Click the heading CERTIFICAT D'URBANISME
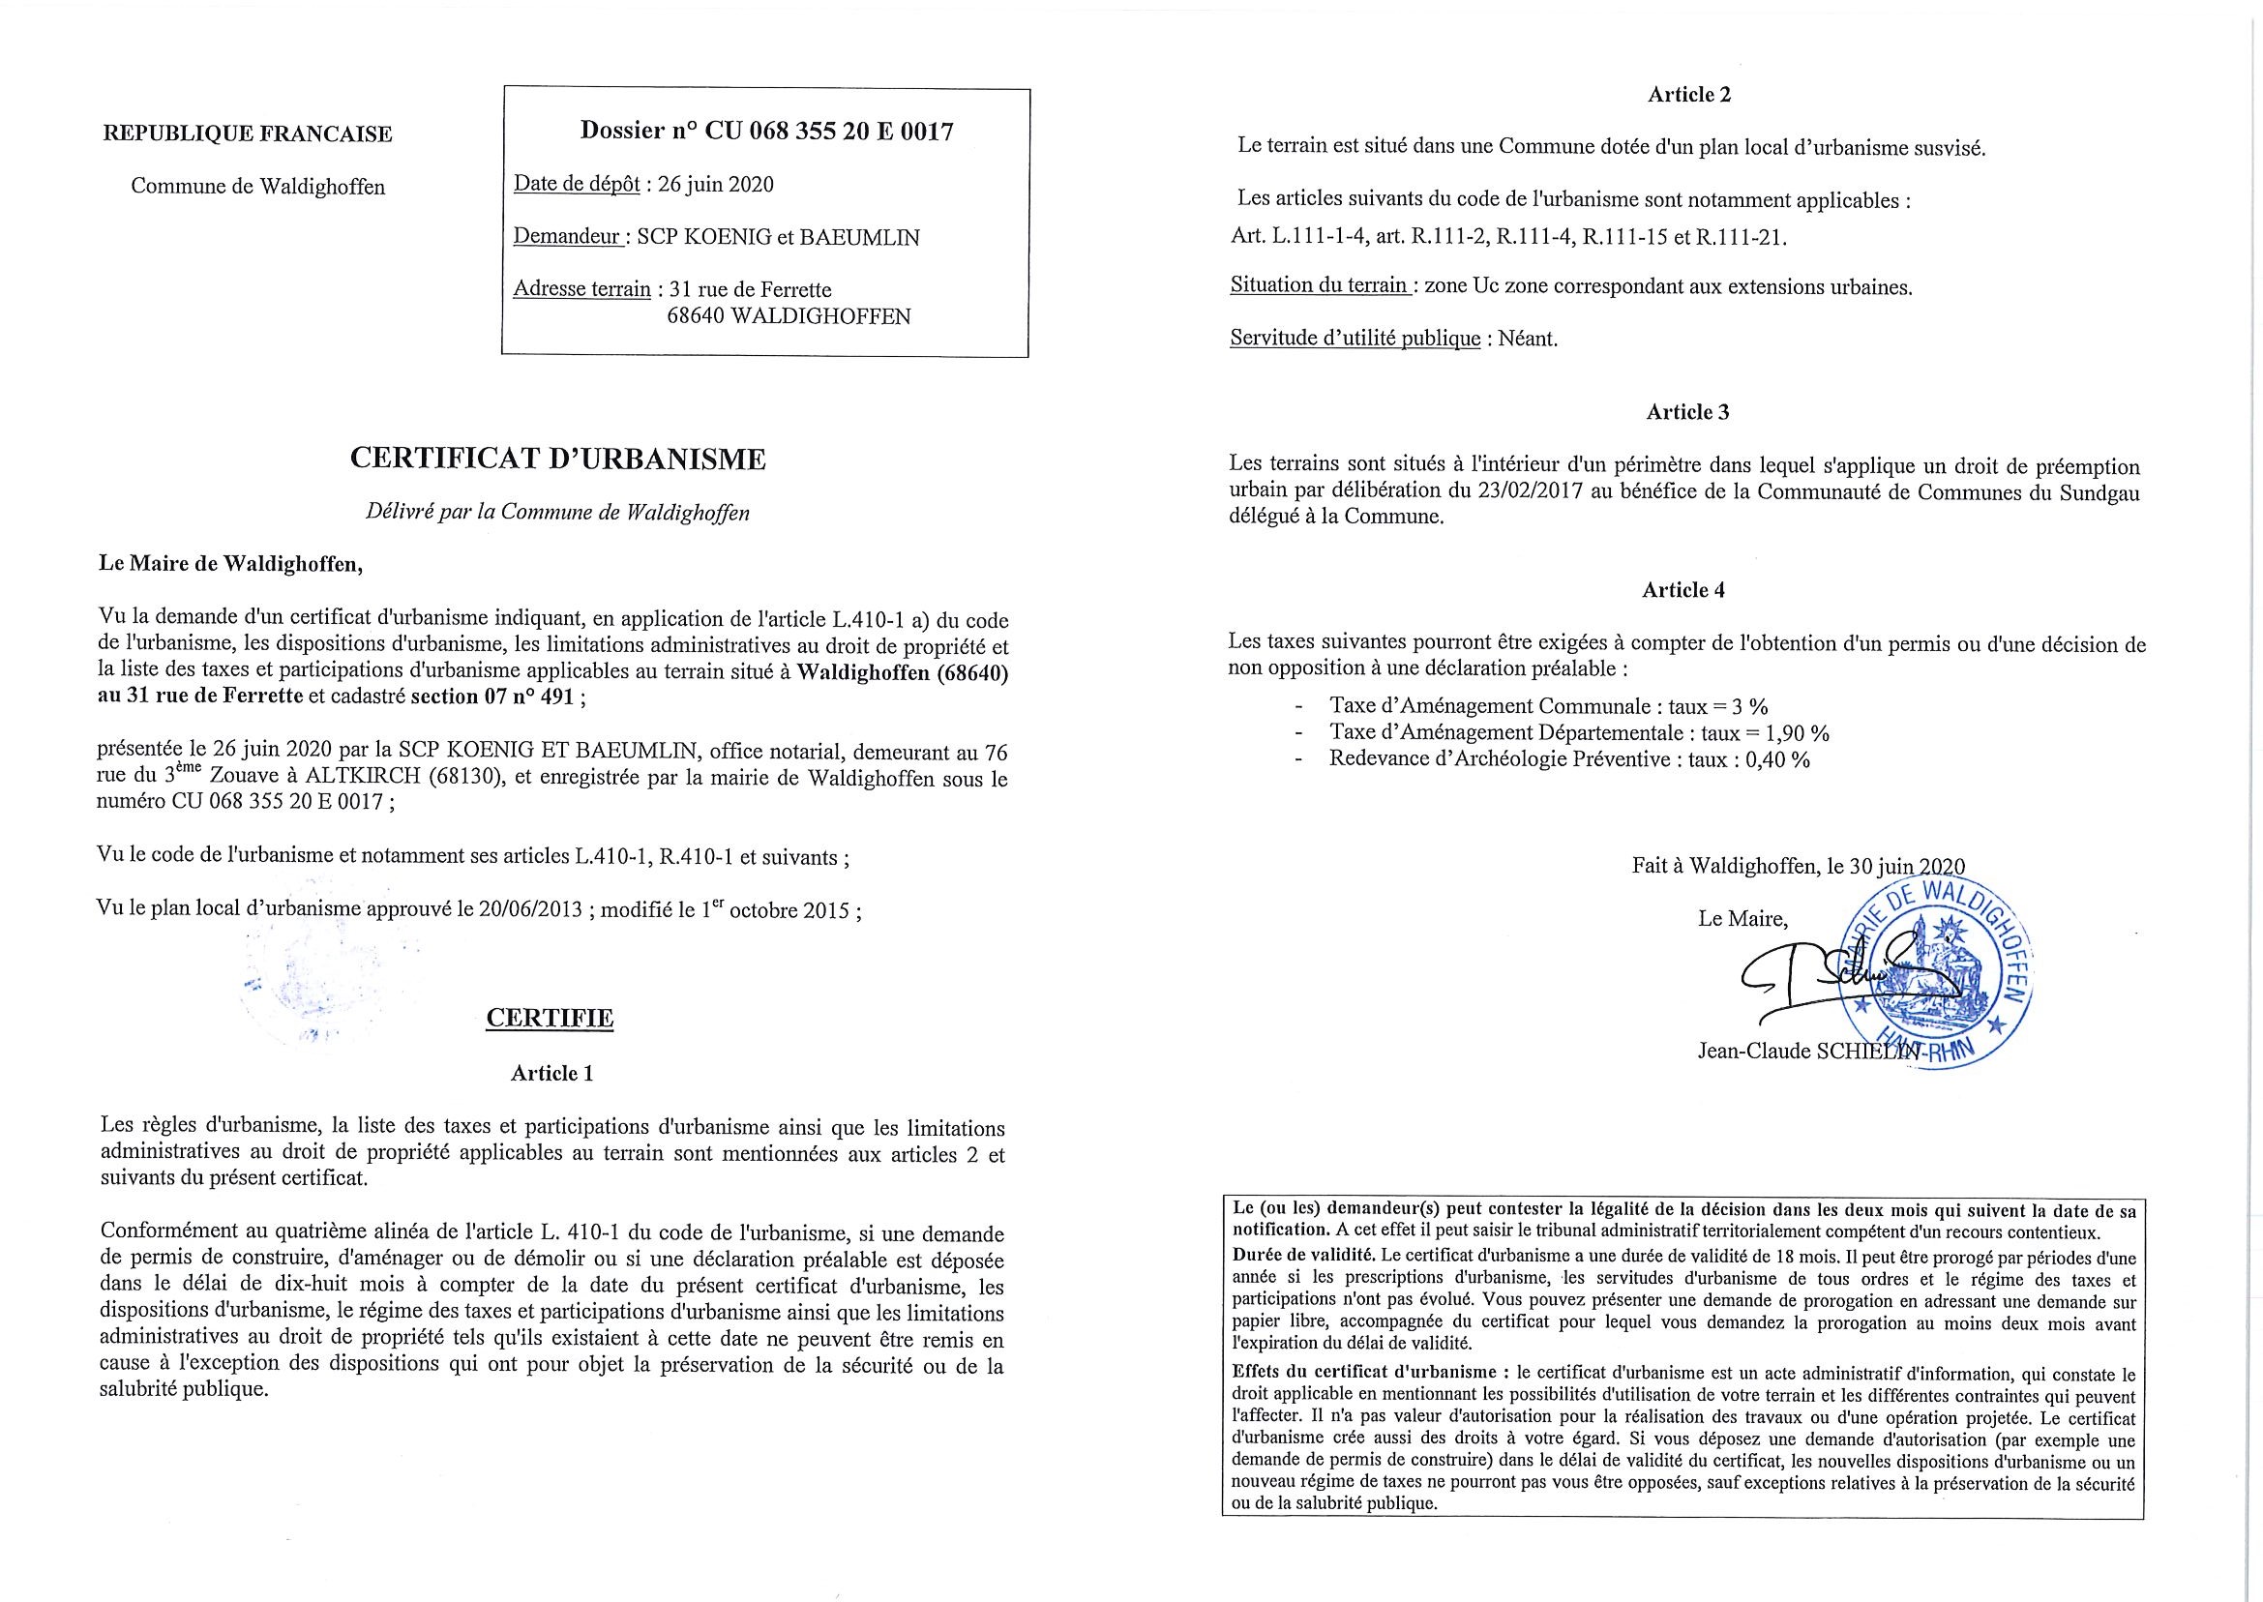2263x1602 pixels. click(558, 459)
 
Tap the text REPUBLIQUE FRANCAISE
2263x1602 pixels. click(248, 134)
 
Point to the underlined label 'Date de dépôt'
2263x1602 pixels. click(576, 185)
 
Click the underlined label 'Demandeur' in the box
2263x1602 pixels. click(566, 238)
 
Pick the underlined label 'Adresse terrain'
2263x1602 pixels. click(582, 290)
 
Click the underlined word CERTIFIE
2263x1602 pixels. click(550, 1018)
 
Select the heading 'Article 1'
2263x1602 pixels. click(551, 1073)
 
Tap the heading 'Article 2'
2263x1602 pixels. click(1689, 95)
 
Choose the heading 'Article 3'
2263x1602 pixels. click(1687, 412)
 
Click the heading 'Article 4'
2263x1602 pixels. click(1682, 590)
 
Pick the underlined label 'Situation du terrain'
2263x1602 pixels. click(1319, 287)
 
